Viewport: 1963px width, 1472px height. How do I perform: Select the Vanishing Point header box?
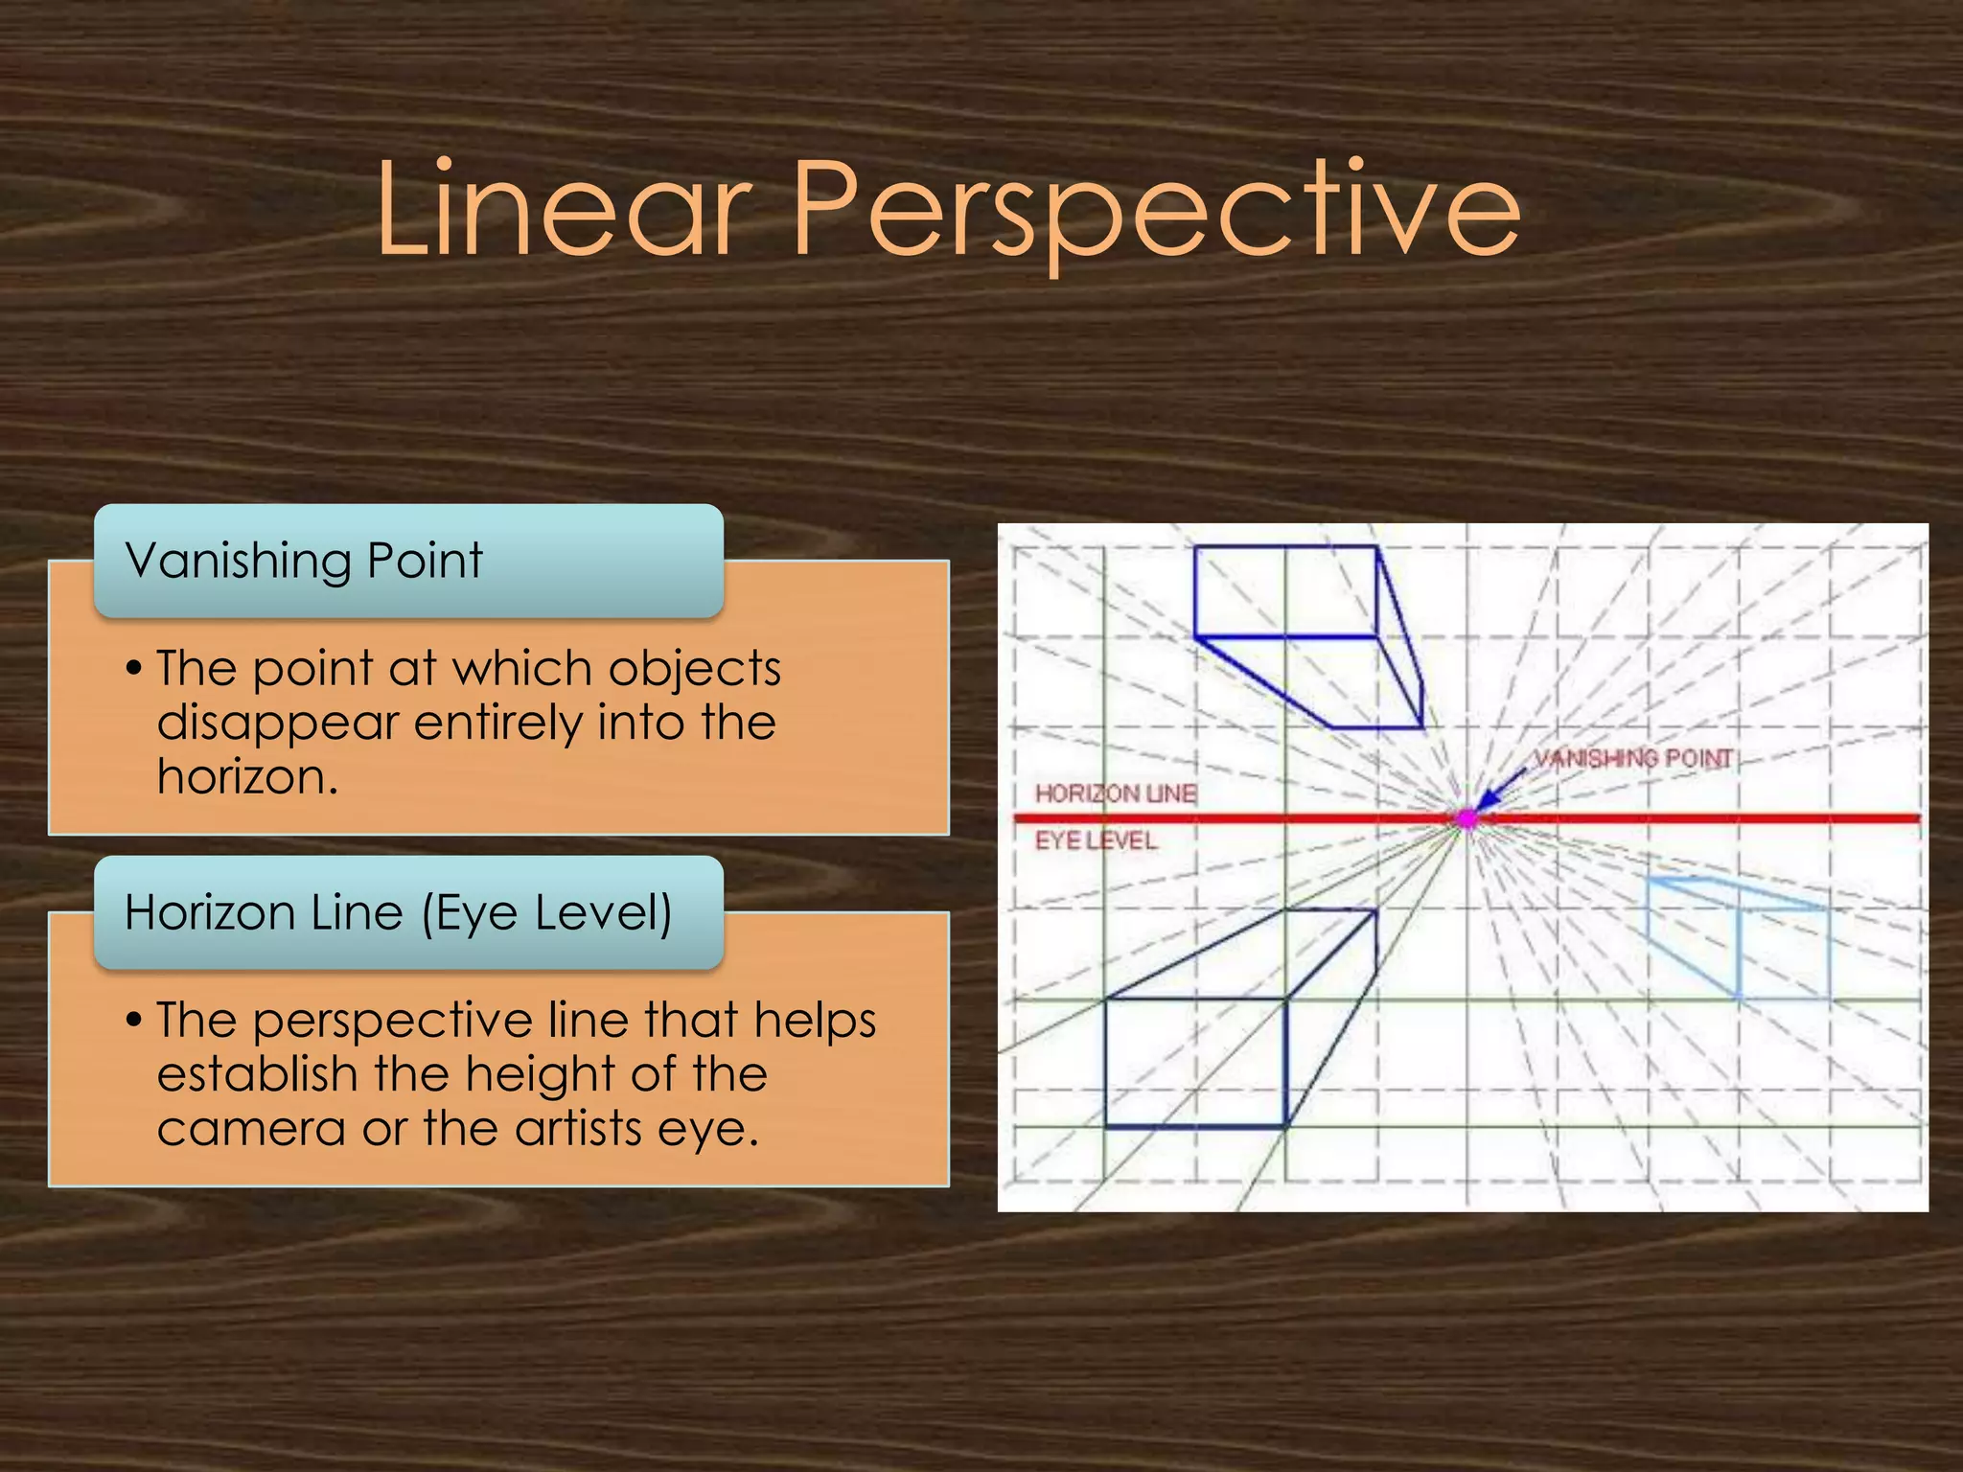point(408,561)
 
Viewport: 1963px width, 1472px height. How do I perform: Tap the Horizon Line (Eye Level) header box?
point(408,912)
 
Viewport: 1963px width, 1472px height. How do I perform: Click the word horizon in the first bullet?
point(246,777)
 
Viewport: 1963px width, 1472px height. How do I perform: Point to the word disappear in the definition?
point(277,723)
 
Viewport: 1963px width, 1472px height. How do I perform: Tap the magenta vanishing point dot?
point(1466,818)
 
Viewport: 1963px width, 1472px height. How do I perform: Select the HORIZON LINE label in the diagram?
point(1115,793)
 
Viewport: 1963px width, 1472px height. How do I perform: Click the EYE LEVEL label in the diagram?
point(1096,840)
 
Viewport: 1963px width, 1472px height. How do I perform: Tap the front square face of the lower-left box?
point(1195,1063)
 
